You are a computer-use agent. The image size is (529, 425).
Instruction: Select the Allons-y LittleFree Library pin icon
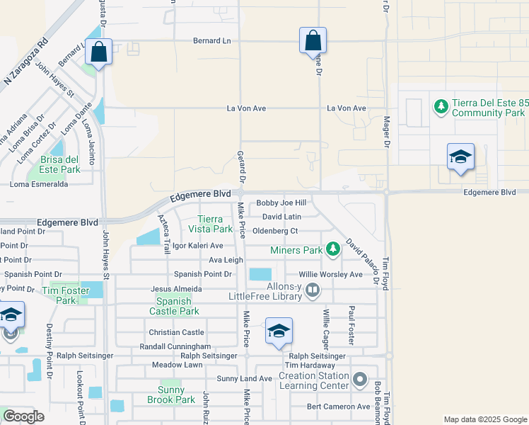click(x=313, y=290)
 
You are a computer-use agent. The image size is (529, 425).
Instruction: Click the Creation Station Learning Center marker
click(x=360, y=380)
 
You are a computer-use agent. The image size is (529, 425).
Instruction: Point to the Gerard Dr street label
click(x=240, y=168)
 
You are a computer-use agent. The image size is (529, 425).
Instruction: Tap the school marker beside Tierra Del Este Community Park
click(x=460, y=157)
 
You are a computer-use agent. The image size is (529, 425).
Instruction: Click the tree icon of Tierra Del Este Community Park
click(x=441, y=107)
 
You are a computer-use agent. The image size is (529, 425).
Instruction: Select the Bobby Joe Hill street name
click(x=281, y=203)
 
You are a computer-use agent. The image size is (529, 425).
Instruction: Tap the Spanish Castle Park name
click(x=174, y=306)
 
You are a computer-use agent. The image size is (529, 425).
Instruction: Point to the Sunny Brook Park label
click(x=171, y=395)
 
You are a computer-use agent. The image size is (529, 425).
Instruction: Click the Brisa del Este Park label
click(x=60, y=164)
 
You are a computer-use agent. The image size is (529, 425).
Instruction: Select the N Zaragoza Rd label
click(x=25, y=61)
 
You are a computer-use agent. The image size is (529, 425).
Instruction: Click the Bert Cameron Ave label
click(x=338, y=407)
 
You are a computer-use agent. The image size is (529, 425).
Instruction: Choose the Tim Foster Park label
click(x=64, y=295)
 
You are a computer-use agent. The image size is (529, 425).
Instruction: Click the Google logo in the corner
click(x=23, y=416)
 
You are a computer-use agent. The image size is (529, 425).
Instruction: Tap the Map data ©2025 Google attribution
click(x=484, y=419)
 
